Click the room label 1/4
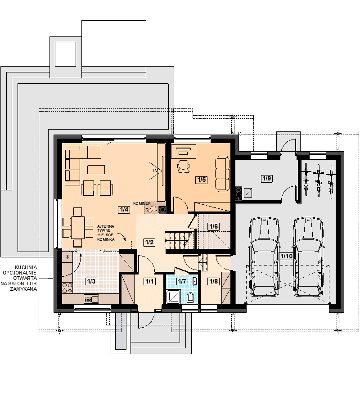click(x=124, y=209)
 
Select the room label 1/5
click(x=202, y=180)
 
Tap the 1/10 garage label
click(x=286, y=256)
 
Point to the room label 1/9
click(x=266, y=178)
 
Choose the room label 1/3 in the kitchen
click(x=91, y=281)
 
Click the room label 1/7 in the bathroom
click(x=182, y=281)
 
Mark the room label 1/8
click(x=214, y=281)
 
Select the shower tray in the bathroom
click(x=174, y=297)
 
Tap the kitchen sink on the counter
click(x=91, y=299)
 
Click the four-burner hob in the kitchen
click(x=67, y=288)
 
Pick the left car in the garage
click(x=264, y=257)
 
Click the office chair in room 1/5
click(x=183, y=166)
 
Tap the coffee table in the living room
click(x=96, y=170)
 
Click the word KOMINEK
click(x=142, y=203)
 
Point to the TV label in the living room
click(x=155, y=171)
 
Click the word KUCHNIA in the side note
click(x=26, y=268)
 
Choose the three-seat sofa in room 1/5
click(x=222, y=174)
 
